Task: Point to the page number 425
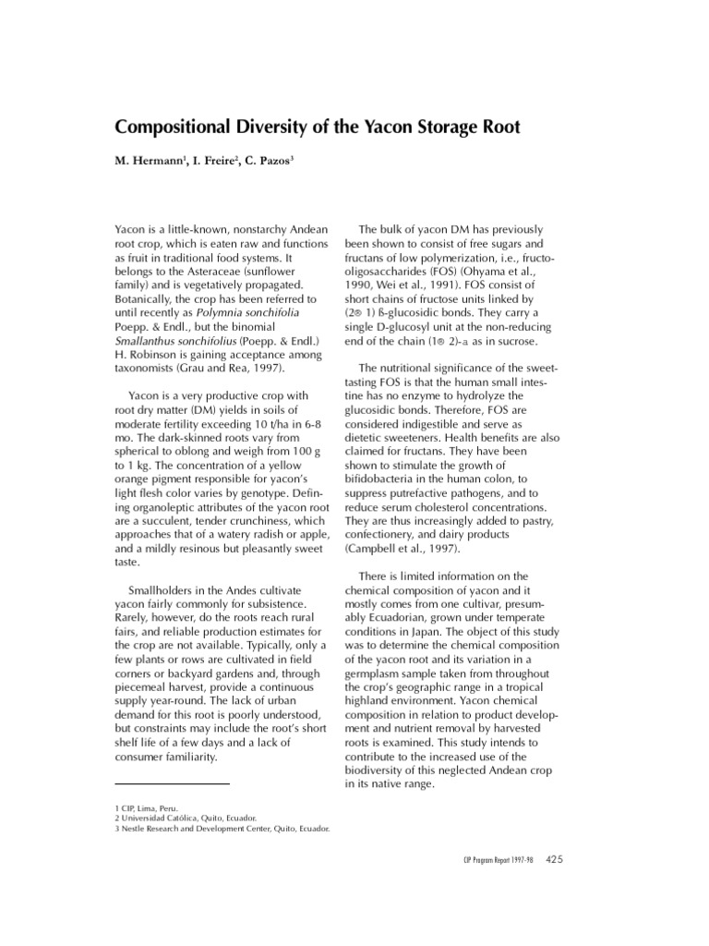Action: (556, 859)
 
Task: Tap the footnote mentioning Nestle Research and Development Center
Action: (222, 829)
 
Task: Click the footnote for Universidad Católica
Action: (185, 818)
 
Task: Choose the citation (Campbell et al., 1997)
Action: (403, 549)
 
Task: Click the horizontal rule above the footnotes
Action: (171, 784)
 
